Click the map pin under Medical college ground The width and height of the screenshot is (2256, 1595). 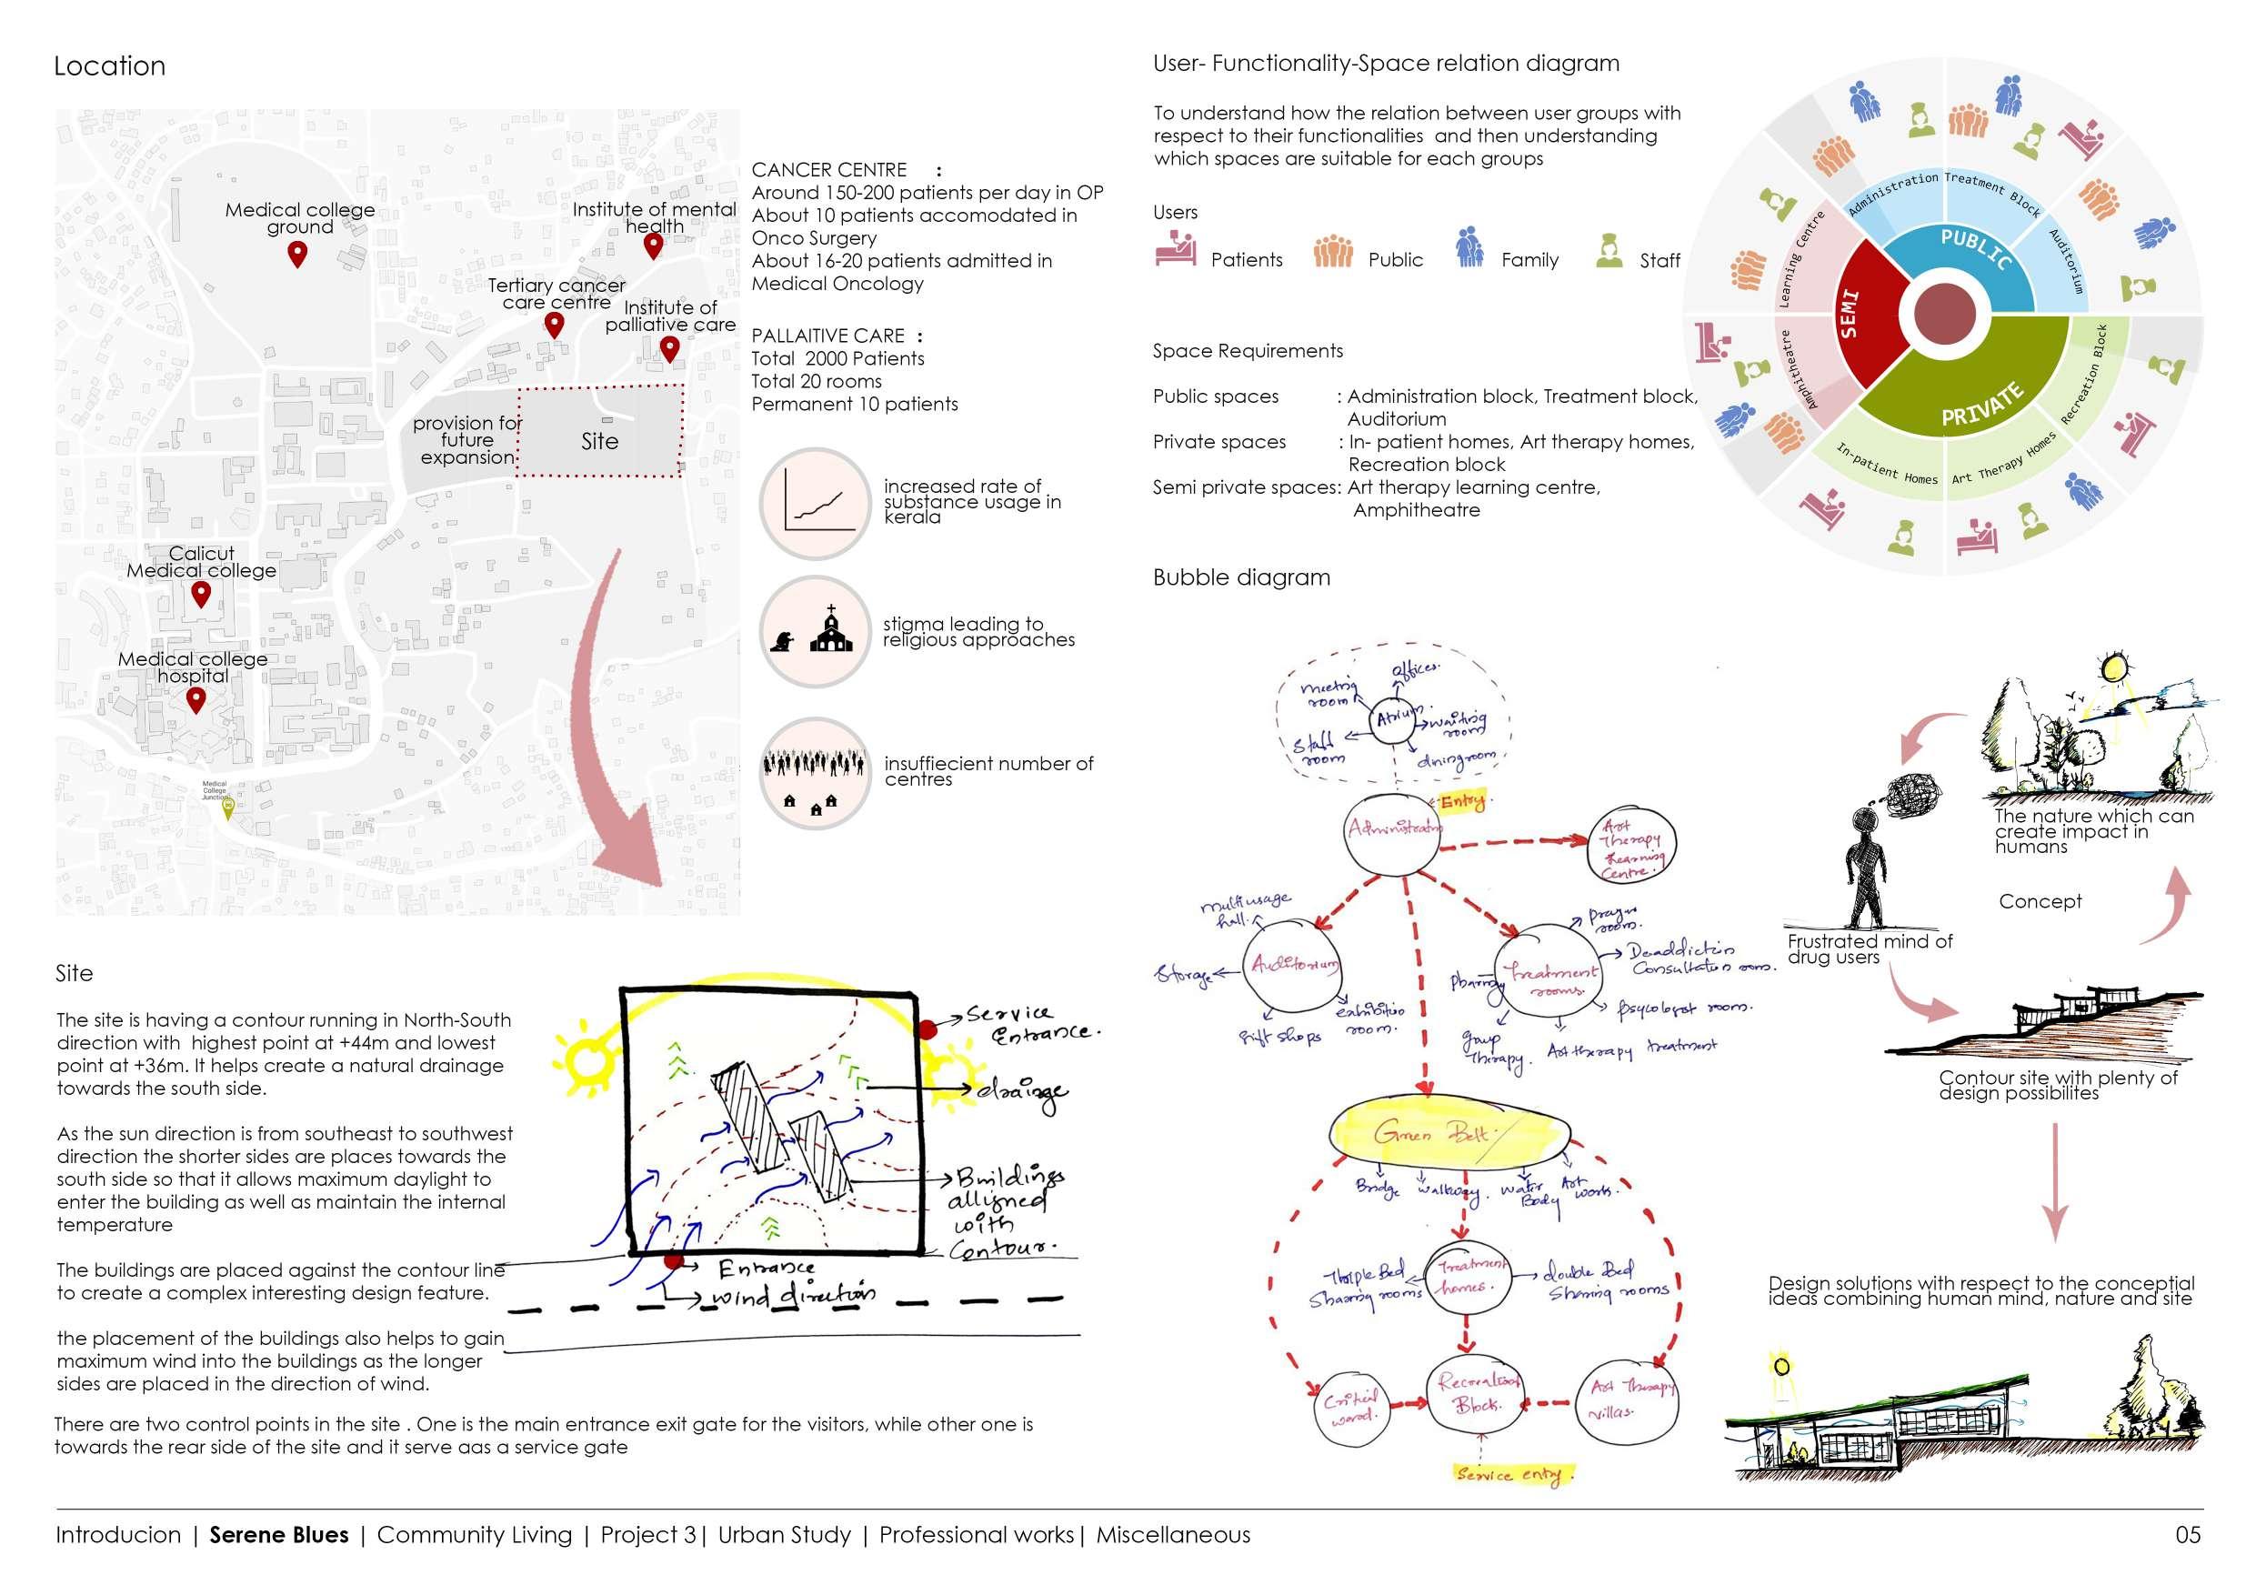point(296,255)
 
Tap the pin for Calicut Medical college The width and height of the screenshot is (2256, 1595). point(200,594)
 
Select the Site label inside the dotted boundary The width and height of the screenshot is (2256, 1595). point(599,441)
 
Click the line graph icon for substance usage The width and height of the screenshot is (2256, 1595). point(816,503)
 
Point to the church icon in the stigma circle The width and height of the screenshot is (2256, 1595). point(831,629)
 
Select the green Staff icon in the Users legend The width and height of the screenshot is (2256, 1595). point(1609,252)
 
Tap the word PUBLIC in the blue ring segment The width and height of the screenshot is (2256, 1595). point(1975,248)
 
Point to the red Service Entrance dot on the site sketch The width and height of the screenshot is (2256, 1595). point(927,1029)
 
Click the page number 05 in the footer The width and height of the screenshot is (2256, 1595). point(2187,1535)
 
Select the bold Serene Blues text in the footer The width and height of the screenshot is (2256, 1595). point(279,1535)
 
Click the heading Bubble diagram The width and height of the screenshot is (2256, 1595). point(1241,577)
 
